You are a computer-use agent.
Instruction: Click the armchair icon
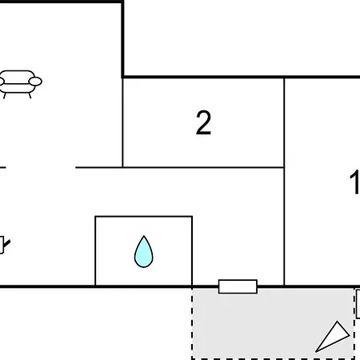[x=20, y=84]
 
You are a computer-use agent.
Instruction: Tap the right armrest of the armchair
[x=35, y=82]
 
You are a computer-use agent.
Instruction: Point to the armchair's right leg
[x=30, y=95]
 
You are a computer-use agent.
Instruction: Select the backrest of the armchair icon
[x=18, y=75]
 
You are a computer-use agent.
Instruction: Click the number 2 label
[x=203, y=122]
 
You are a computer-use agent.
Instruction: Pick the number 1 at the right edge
[x=355, y=182]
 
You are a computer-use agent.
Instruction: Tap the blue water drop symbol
[x=144, y=251]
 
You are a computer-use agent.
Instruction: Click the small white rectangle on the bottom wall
[x=238, y=286]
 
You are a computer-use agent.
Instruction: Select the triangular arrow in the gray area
[x=333, y=337]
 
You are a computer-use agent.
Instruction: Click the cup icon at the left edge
[x=4, y=245]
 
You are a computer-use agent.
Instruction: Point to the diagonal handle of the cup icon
[x=7, y=244]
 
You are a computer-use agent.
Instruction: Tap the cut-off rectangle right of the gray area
[x=358, y=304]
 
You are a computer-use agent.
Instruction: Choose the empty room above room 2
[x=242, y=38]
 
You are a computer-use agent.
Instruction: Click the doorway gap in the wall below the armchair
[x=41, y=167]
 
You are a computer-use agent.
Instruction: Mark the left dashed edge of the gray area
[x=192, y=324]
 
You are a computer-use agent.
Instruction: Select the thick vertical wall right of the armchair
[x=122, y=39]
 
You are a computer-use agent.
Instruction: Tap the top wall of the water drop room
[x=144, y=217]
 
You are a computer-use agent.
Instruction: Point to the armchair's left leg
[x=4, y=95]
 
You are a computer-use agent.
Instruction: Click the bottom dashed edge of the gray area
[x=273, y=358]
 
